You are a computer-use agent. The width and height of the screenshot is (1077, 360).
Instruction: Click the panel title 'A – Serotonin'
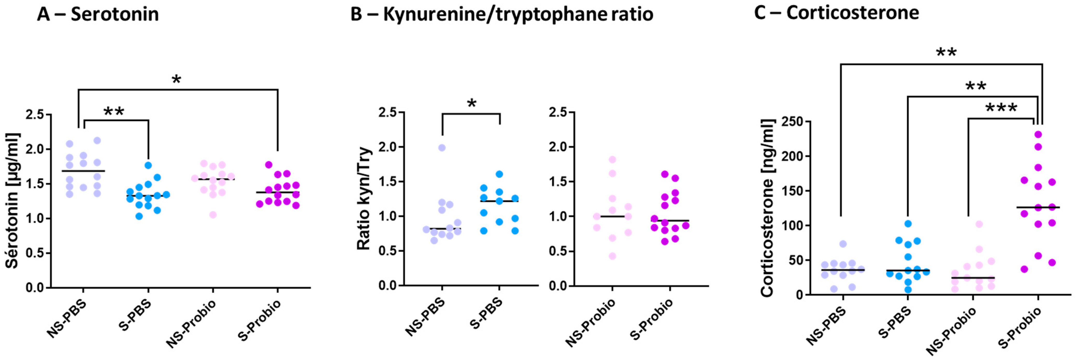[98, 14]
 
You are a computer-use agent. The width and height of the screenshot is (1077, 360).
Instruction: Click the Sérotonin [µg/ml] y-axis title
[12, 201]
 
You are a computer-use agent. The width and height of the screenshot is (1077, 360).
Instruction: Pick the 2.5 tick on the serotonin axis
[35, 114]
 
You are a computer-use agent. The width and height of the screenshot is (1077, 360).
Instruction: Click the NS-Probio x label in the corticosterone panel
[951, 330]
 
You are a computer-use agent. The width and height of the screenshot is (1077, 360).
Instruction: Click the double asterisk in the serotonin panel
[114, 111]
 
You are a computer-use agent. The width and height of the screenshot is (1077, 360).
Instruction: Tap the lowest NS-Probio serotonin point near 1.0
[213, 215]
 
